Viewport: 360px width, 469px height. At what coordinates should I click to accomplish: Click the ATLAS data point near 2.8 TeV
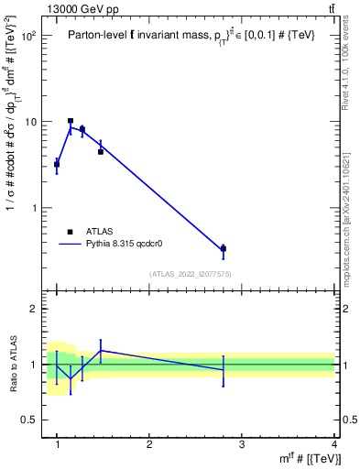[x=224, y=248]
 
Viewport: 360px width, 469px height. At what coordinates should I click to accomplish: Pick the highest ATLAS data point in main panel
[x=71, y=121]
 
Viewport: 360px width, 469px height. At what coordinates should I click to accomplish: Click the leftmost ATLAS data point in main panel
[x=57, y=165]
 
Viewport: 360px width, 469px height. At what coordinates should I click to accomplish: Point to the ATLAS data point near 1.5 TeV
[x=101, y=151]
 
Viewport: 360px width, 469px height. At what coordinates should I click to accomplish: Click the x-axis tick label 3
[x=242, y=444]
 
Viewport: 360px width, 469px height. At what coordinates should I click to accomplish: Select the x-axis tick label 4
[x=334, y=444]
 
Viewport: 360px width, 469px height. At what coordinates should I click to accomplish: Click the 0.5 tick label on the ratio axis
[x=30, y=420]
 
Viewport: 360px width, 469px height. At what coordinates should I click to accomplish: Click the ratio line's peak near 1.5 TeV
[x=101, y=350]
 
